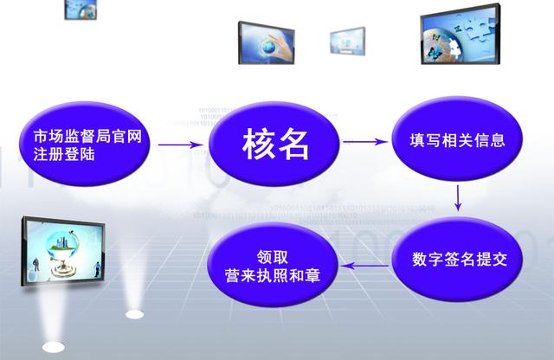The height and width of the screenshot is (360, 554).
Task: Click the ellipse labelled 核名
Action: (274, 143)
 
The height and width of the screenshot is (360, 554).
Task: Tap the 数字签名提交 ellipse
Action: (457, 259)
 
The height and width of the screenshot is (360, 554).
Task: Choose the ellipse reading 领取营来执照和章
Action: (272, 265)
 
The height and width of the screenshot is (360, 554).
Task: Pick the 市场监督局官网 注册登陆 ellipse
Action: (85, 144)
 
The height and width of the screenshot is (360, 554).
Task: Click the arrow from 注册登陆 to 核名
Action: (181, 145)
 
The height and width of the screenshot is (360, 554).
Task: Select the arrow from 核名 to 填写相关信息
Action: (365, 142)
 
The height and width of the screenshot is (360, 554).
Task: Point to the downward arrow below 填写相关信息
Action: (458, 198)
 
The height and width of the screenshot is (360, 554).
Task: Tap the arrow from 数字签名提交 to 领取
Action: (364, 266)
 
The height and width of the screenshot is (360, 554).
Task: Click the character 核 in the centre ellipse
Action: (258, 144)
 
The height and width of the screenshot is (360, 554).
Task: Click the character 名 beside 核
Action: (293, 144)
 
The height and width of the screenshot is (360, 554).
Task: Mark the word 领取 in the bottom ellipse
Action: (273, 257)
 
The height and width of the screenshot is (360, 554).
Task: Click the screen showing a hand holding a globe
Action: (267, 43)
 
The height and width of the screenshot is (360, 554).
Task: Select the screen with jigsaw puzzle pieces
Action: (461, 35)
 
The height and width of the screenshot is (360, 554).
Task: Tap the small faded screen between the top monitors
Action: (347, 41)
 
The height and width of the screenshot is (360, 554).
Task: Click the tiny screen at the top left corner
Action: (81, 10)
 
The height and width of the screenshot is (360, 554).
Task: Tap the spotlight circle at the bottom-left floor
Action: (54, 347)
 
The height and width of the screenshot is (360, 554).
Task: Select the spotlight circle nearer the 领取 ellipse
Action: (135, 314)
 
